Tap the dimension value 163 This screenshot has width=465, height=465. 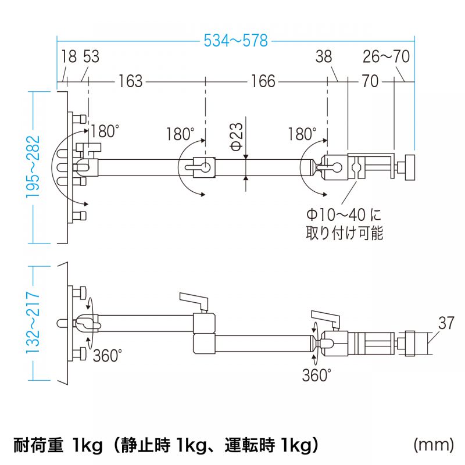click(x=130, y=81)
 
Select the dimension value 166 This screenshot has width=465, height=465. click(x=263, y=81)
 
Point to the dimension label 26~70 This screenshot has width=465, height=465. click(x=387, y=57)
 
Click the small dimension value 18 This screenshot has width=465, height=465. click(x=68, y=57)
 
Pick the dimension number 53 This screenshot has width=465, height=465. click(x=91, y=57)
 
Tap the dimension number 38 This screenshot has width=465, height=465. click(x=325, y=57)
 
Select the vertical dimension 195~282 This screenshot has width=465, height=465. click(x=33, y=167)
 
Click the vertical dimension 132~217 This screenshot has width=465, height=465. click(x=33, y=323)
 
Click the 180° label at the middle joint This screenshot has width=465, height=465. click(x=180, y=134)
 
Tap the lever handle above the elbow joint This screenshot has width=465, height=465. click(x=194, y=300)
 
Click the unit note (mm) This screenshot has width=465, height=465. click(x=433, y=445)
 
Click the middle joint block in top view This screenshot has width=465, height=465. click(x=204, y=166)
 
